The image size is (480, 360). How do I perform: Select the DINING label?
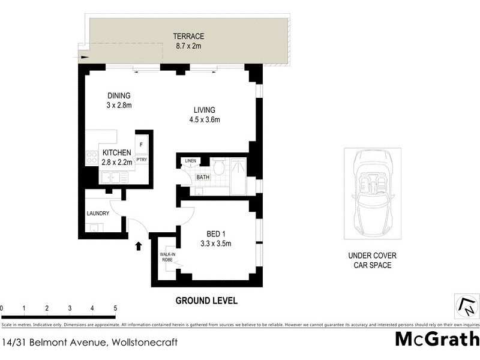point(119,95)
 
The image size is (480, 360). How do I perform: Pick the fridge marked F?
point(142,145)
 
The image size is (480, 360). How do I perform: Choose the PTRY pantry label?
point(142,160)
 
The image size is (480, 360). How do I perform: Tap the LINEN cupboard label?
point(190,161)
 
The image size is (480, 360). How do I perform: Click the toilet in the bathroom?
point(219,168)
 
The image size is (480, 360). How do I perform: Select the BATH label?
point(203,177)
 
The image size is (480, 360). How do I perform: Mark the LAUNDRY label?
point(97,214)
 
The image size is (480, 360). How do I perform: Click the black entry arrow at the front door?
point(139,245)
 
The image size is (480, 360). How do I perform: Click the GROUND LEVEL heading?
point(206,300)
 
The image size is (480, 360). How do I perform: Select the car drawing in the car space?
point(373,194)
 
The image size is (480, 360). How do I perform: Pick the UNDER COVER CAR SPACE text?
point(373,260)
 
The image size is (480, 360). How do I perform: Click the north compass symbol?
point(466,306)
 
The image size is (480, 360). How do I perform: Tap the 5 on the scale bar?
point(115,308)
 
